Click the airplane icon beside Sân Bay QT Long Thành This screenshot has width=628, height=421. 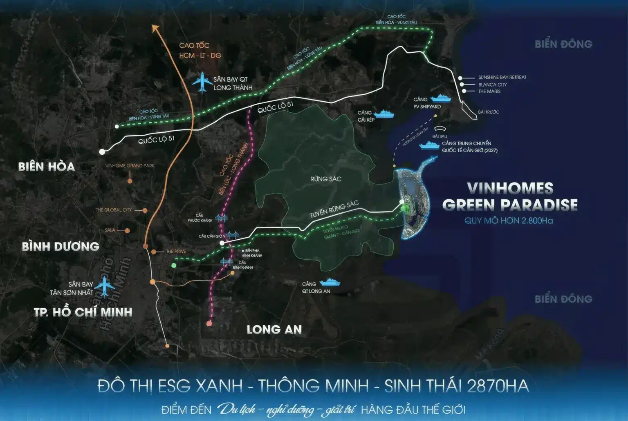tap(202, 83)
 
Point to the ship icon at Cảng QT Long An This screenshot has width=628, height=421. tap(330, 282)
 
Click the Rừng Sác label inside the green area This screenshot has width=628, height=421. tap(326, 179)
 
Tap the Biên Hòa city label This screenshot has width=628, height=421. tap(47, 167)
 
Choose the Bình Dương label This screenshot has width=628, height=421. tap(61, 246)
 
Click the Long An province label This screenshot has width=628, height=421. tap(274, 330)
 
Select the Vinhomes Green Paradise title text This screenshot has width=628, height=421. tap(510, 196)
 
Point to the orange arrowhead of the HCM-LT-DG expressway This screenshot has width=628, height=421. tap(155, 28)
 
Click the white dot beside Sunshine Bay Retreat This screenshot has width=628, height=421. tap(460, 78)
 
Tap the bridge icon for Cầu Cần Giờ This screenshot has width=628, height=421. tap(233, 235)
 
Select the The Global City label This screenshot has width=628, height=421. tap(114, 210)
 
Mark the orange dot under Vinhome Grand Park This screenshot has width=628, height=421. tap(130, 181)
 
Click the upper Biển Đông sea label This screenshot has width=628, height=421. tap(563, 44)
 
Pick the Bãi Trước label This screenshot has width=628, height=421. tap(489, 112)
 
